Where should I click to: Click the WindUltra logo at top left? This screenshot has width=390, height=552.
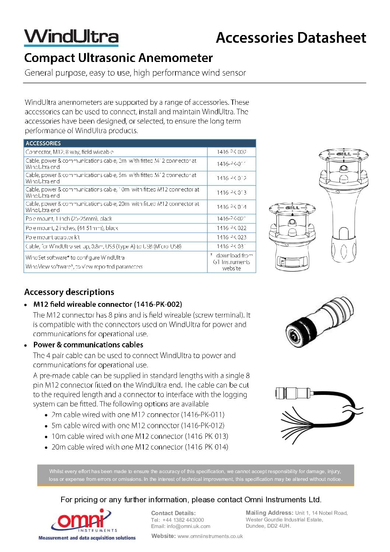pos(71,37)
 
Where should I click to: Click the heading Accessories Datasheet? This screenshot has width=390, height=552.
pos(291,38)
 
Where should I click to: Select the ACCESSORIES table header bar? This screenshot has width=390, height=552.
pos(140,143)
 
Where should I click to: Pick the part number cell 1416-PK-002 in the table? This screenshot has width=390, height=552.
pos(231,152)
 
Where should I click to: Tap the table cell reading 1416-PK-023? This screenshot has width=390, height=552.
pos(231,237)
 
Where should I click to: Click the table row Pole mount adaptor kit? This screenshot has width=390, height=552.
pos(53,237)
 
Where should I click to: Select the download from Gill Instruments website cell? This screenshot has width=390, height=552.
pos(231,262)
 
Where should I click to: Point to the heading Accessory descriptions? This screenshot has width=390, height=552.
pos(69,292)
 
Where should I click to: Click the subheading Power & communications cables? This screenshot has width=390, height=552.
pos(88,345)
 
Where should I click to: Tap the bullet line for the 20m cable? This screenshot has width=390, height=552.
pos(139,447)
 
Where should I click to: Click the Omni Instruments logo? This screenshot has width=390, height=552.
pos(87,524)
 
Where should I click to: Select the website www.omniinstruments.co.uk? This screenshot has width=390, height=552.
pos(210,536)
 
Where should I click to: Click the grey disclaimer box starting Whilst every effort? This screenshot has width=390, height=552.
pos(195,475)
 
